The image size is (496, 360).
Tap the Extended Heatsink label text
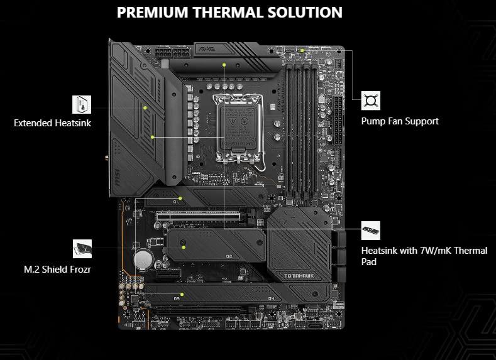[52, 123]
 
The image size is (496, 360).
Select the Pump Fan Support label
[400, 121]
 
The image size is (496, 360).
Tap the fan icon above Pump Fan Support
[371, 101]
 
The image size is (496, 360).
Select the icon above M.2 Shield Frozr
[82, 249]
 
